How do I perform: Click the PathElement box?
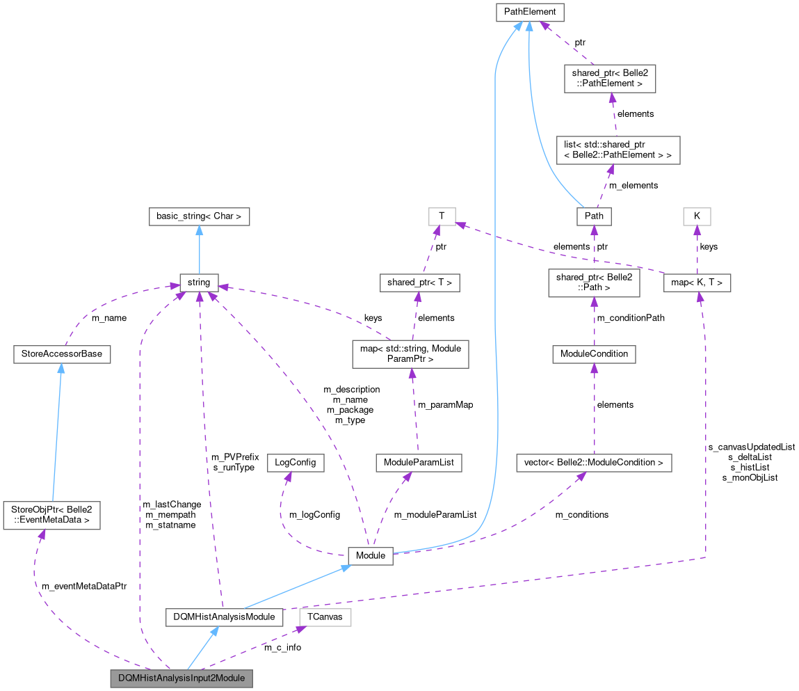tap(529, 12)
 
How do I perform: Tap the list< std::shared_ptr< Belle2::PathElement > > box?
tap(618, 150)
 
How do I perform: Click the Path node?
tap(594, 216)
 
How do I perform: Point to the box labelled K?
tap(697, 216)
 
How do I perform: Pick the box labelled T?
tap(442, 216)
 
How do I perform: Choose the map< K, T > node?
tap(697, 283)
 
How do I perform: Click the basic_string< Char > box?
tap(199, 216)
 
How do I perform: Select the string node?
tap(199, 283)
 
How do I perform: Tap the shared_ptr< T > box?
tap(419, 283)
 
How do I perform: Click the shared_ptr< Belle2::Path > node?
tap(594, 283)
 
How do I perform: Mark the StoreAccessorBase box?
tap(61, 354)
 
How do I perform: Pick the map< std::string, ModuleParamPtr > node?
tap(410, 354)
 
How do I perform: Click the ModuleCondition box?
tap(594, 354)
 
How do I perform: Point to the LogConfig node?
tap(296, 463)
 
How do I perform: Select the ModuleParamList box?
tap(418, 463)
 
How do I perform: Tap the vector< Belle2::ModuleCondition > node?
tap(594, 463)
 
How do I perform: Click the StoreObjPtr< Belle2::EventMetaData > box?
tap(51, 515)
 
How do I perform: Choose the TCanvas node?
tap(325, 617)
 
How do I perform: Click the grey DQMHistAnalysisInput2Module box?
tap(181, 678)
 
